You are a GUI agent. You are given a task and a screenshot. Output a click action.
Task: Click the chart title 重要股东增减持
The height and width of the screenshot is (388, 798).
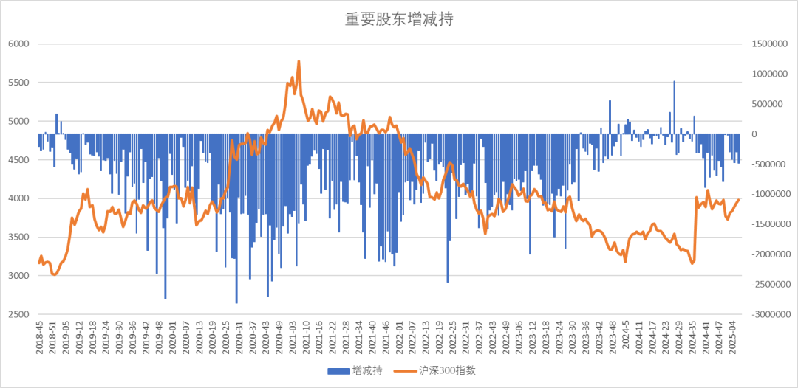point(398,20)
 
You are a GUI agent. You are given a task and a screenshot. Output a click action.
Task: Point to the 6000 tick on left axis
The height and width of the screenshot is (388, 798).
point(18,44)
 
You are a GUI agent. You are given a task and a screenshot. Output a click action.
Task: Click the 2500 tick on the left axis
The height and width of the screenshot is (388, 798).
point(18,314)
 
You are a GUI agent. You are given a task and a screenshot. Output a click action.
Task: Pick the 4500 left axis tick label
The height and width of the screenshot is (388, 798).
point(18,160)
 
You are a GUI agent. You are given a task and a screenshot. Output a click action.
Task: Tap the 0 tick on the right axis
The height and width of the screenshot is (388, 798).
point(754,134)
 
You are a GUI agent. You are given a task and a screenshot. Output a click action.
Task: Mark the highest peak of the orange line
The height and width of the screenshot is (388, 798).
point(299,61)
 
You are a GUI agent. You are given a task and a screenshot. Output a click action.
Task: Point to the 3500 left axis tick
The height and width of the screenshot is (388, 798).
point(18,238)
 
